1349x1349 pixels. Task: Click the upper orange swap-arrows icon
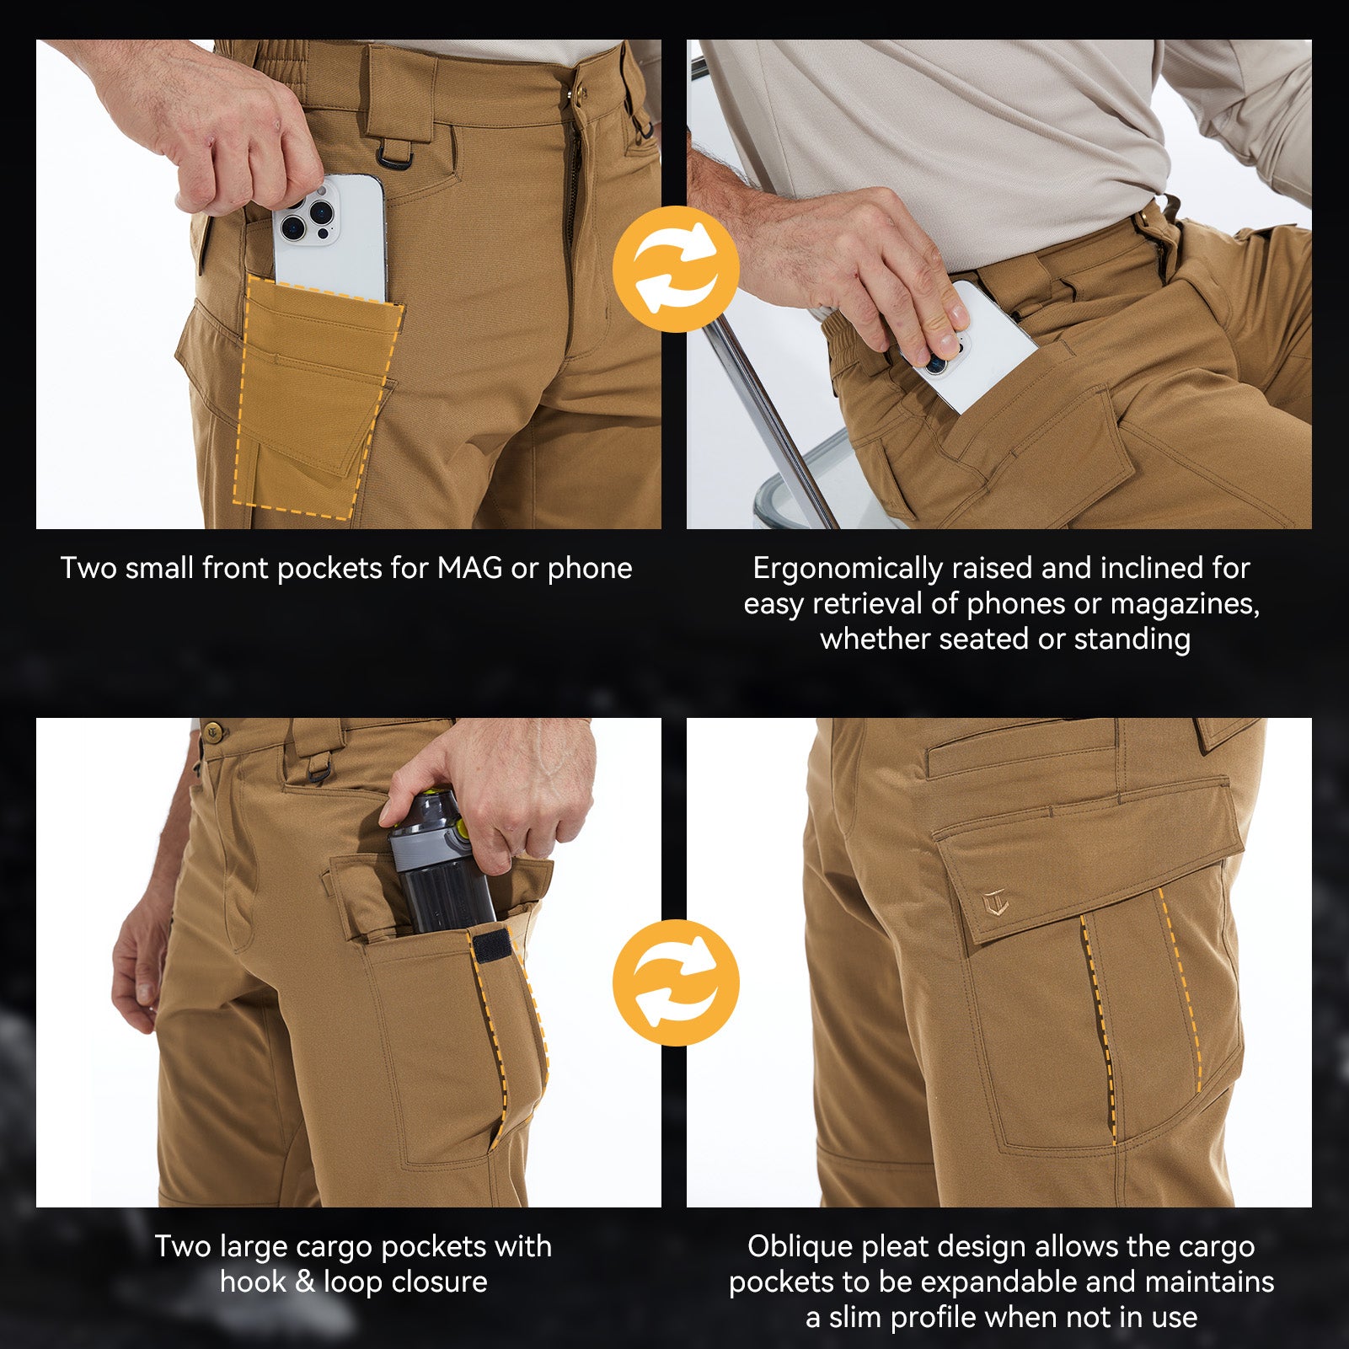coord(676,269)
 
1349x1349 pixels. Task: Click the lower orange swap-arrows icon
coord(676,982)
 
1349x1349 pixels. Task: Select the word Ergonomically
coord(847,568)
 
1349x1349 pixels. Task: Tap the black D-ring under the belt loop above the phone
coord(393,155)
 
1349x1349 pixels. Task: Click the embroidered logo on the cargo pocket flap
coord(995,903)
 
